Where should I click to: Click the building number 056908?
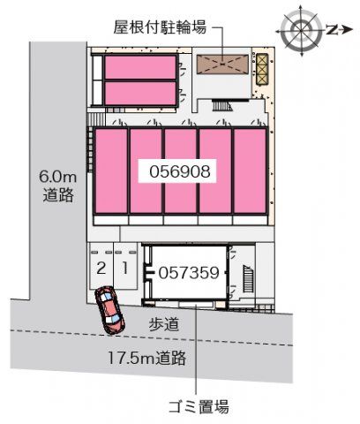tap(180, 171)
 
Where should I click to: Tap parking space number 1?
tap(126, 266)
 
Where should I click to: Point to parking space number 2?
tap(101, 266)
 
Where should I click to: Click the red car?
tap(109, 309)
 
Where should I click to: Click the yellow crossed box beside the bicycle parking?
tap(261, 64)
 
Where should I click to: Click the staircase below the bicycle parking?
tap(223, 107)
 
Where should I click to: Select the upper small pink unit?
tap(141, 68)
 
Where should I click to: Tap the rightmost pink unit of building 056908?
tap(249, 170)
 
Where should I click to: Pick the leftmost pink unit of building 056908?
tap(111, 170)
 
